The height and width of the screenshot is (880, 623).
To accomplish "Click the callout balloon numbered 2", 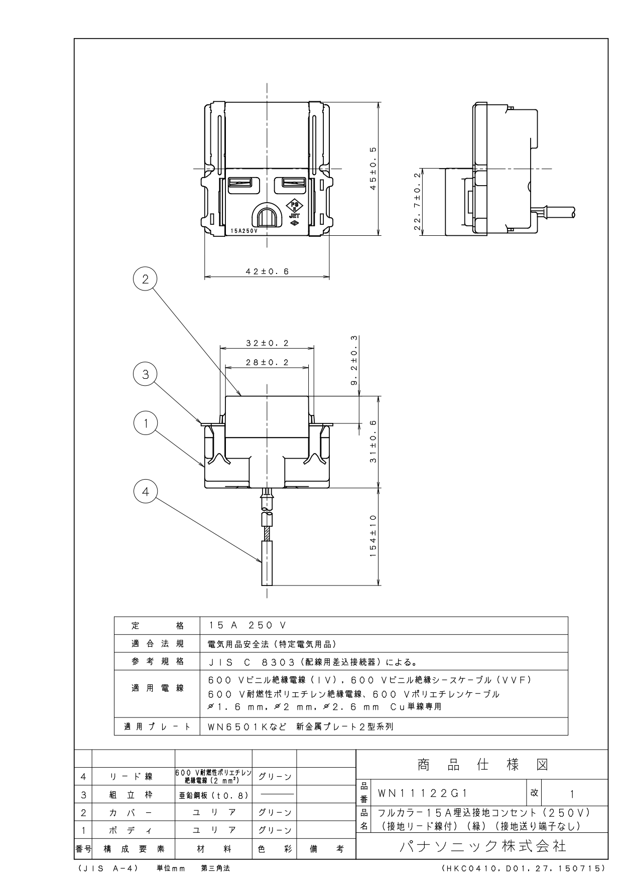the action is click(146, 279).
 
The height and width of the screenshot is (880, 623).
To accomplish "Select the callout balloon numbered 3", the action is click(146, 374).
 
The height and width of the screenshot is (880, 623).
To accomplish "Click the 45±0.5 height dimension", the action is click(373, 169).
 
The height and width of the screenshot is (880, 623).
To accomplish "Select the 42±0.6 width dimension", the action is click(267, 271).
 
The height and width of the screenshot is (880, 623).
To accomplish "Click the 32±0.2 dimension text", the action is click(267, 343).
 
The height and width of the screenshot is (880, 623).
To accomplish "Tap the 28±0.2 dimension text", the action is click(267, 363).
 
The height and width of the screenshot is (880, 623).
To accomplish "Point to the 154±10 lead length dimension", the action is click(373, 536).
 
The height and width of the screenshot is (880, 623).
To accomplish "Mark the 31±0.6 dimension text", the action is click(373, 442).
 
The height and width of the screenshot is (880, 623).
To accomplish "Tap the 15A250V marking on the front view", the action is click(244, 231).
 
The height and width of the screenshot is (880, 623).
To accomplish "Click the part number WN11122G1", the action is click(423, 793).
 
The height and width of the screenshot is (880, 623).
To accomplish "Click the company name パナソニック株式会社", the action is click(482, 846).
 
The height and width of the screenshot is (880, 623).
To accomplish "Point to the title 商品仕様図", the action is click(482, 765).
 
